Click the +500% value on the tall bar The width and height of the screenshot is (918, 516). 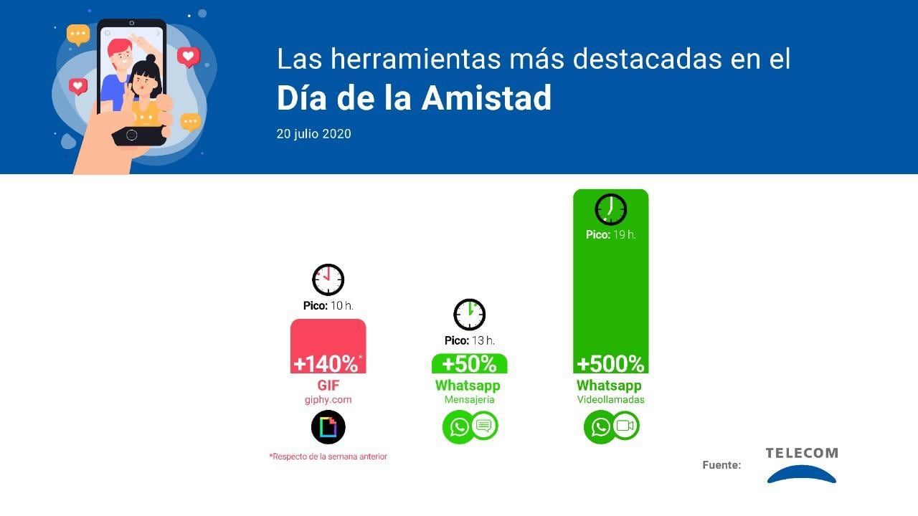coord(610,363)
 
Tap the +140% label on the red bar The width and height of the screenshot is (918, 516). coord(326,363)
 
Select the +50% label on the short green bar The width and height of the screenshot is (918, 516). coord(469,363)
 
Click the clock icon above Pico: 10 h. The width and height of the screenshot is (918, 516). coord(328,279)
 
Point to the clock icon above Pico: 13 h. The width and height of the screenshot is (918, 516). coord(469,315)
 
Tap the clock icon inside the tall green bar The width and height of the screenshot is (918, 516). coord(610,210)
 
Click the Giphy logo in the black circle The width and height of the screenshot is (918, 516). coord(328,427)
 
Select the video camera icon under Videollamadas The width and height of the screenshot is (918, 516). coord(625,426)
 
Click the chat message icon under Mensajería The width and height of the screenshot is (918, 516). coord(484,426)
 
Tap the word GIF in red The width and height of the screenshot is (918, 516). coord(328,386)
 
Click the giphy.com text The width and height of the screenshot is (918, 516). coord(328,400)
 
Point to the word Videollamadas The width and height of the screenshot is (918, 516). coord(610,400)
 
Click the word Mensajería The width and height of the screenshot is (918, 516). coord(469,400)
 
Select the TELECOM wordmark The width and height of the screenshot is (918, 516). coord(801,453)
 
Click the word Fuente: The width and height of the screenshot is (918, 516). coord(721,465)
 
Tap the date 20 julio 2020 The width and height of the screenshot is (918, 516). coord(313,134)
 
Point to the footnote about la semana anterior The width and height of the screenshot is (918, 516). coord(328,457)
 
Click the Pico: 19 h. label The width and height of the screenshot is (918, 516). coord(610,234)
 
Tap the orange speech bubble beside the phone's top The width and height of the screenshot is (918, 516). coord(78,34)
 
